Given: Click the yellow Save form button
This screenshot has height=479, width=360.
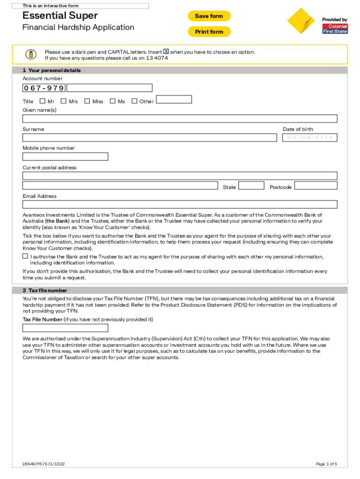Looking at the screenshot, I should tap(209, 16).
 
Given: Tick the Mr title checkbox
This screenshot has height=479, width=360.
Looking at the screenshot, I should tap(43, 101).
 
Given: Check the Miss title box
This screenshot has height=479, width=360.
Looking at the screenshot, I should tap(87, 101).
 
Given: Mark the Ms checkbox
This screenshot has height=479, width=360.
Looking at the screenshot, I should tap(112, 101).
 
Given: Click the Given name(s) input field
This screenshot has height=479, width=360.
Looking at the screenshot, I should tap(180, 118).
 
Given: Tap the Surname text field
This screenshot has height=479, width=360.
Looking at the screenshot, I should tap(149, 138).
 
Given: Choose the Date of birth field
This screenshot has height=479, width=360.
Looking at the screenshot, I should tap(310, 138).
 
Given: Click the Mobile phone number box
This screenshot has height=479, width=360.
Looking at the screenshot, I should tap(65, 157).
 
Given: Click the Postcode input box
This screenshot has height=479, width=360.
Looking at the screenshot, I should tap(316, 185).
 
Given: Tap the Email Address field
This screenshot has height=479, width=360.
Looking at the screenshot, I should tap(180, 204).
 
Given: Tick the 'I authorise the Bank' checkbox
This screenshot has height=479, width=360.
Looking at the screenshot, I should tap(25, 257).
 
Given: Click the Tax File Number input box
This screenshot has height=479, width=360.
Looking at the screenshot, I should tap(65, 327).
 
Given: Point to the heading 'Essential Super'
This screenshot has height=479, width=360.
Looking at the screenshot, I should tap(60, 16).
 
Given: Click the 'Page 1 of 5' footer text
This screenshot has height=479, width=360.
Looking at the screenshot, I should tap(326, 464).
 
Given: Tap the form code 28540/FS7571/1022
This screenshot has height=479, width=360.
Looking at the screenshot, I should tap(43, 464).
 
